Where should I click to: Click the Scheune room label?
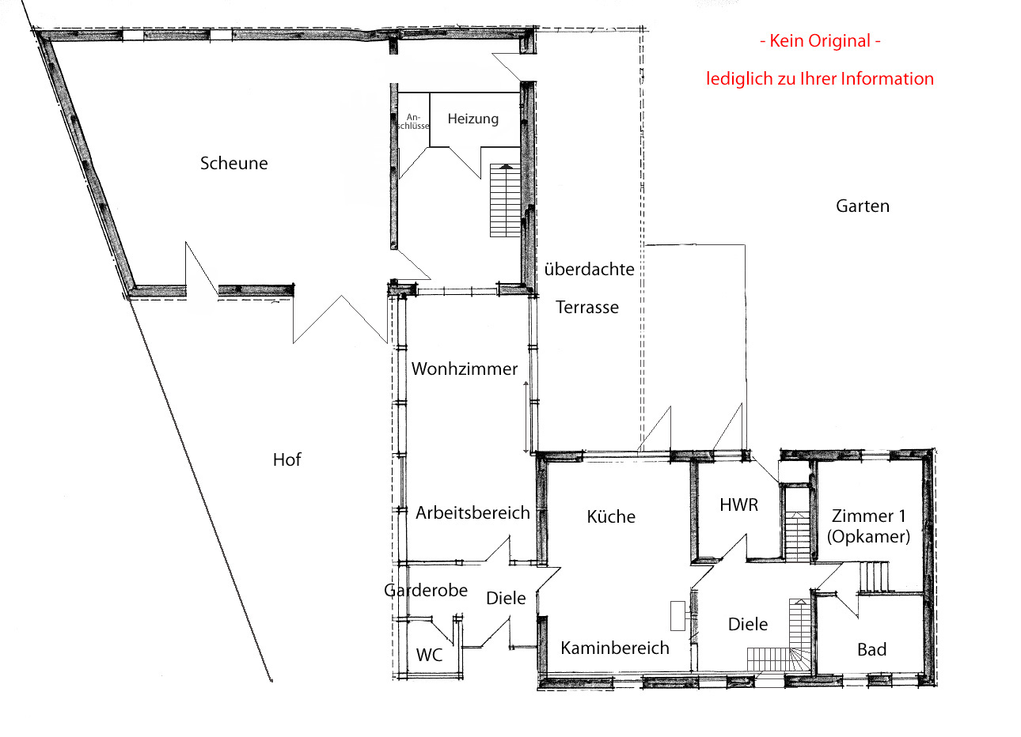[233, 163]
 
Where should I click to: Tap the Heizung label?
[473, 119]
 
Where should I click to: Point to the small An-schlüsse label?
[413, 122]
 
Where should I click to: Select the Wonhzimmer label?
[465, 368]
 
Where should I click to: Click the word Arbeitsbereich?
[473, 513]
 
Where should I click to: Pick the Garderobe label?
[426, 591]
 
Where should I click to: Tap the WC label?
[429, 655]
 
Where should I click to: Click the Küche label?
[611, 516]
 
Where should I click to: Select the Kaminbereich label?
[615, 648]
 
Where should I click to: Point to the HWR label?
[739, 505]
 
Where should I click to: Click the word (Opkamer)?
[869, 537]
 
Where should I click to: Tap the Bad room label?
[872, 649]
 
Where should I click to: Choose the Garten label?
[863, 206]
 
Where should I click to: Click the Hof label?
[287, 459]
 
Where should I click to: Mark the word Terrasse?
[587, 308]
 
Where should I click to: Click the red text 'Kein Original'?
[820, 41]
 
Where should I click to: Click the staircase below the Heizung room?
[505, 200]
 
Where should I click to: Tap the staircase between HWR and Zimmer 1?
[798, 535]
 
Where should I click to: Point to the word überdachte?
[590, 269]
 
